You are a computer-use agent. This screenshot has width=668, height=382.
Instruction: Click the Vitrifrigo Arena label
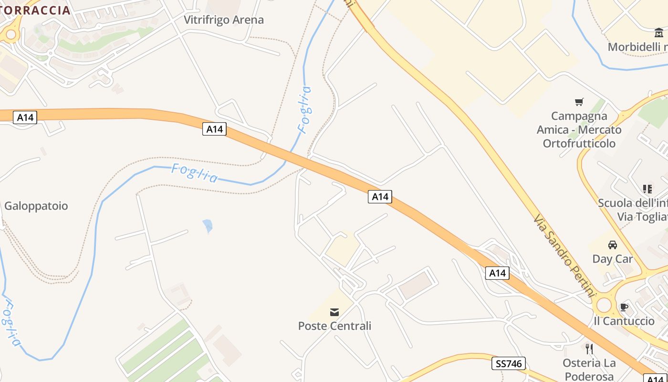224,20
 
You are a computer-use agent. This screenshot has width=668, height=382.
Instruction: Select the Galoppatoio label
36,206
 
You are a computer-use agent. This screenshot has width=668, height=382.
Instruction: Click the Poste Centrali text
334,326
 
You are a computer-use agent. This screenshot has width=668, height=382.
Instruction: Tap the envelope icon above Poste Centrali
334,312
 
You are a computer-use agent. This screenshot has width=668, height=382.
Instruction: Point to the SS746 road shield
509,364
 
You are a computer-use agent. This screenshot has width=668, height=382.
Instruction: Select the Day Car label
613,259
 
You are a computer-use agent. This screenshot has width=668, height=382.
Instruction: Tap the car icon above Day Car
613,245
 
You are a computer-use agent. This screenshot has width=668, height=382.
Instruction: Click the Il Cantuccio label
624,321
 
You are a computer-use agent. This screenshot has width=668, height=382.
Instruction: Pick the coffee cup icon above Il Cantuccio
624,308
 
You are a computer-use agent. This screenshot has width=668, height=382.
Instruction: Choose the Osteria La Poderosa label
589,369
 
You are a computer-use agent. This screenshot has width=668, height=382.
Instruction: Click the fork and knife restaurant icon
589,349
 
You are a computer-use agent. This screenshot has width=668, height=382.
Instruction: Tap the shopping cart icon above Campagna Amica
579,101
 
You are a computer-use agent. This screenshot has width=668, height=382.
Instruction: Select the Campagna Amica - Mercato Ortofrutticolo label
579,129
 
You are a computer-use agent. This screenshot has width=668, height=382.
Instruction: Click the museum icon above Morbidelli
659,32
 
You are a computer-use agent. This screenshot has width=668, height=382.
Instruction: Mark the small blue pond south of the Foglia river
208,225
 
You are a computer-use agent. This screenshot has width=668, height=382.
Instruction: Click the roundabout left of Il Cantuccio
604,305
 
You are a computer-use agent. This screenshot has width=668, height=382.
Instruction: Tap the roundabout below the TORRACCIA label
10,34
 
